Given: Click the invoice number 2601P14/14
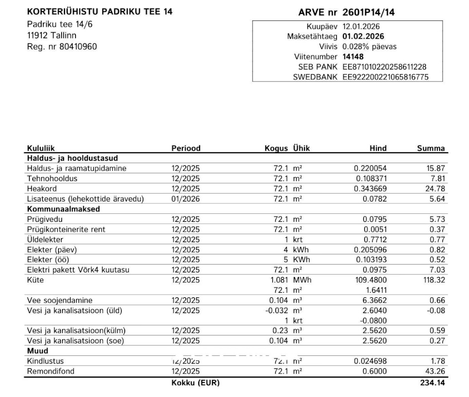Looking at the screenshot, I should click(x=365, y=12).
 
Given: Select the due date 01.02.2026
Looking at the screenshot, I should click(x=363, y=36).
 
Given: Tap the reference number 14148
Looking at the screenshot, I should click(x=353, y=57).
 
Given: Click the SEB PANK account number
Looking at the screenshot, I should click(x=385, y=67).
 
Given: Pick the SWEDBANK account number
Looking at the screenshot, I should click(x=386, y=77).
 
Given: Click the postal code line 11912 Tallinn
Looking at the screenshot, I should click(x=52, y=36).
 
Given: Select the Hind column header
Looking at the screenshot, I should click(x=378, y=148).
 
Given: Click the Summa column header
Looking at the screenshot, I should click(x=431, y=148).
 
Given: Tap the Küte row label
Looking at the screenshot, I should click(x=35, y=280).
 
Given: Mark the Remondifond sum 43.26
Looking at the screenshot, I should click(x=435, y=371).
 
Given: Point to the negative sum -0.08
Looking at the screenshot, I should click(x=435, y=311).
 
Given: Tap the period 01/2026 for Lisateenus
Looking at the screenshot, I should click(x=185, y=199).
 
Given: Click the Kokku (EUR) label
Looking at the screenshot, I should click(x=195, y=383).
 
